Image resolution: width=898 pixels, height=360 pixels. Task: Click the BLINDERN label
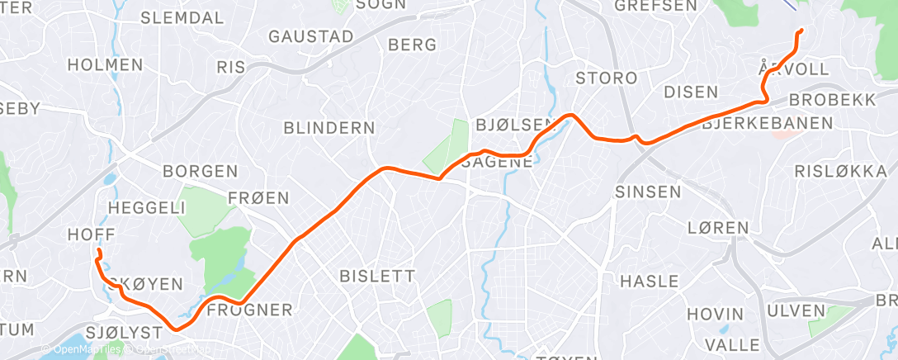click(328, 128)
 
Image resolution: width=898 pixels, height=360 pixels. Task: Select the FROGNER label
click(249, 310)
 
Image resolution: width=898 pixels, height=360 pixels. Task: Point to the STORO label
click(607, 78)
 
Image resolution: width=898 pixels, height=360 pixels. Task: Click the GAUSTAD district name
click(311, 37)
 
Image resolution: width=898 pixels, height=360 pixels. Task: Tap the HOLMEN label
click(105, 64)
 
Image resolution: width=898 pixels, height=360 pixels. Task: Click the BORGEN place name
click(200, 172)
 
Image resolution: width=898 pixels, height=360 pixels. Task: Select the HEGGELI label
click(147, 209)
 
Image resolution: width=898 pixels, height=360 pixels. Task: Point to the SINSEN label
click(648, 192)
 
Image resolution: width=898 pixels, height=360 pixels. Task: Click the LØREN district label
click(717, 227)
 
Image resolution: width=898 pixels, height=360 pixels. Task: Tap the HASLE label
click(649, 281)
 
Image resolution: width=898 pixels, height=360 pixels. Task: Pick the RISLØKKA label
click(828, 171)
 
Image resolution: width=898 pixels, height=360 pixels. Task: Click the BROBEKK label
click(832, 99)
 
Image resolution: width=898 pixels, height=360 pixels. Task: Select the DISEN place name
click(691, 92)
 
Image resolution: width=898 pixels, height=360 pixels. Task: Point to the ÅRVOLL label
click(793, 69)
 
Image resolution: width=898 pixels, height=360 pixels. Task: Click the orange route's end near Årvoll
click(800, 31)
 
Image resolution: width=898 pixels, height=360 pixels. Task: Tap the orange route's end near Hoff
click(98, 250)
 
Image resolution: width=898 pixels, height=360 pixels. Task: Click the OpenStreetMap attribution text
click(175, 350)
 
